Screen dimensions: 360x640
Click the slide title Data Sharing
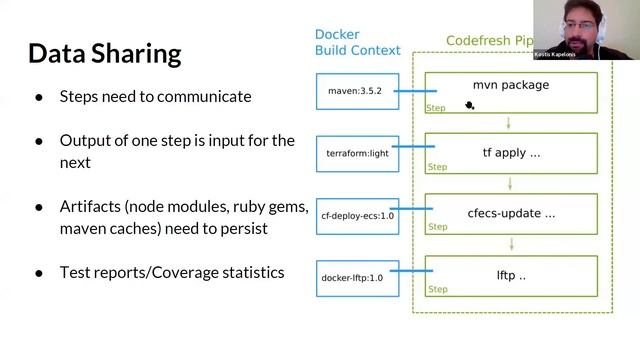pos(104,53)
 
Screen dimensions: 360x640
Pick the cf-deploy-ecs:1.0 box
pos(357,215)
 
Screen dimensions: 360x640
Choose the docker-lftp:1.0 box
pos(352,277)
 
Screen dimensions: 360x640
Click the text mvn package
pos(510,85)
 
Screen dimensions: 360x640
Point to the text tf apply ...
pos(511,153)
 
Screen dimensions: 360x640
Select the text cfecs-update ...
pos(511,213)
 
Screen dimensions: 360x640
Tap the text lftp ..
pos(511,275)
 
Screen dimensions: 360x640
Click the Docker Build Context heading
pos(357,42)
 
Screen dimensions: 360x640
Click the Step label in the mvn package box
pos(436,107)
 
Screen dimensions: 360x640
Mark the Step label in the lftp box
pos(437,290)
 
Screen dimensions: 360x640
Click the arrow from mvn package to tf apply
pos(511,123)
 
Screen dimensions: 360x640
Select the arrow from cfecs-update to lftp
pos(511,244)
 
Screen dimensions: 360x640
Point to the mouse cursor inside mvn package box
pos(469,104)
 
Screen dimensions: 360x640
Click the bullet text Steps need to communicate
pos(155,97)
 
